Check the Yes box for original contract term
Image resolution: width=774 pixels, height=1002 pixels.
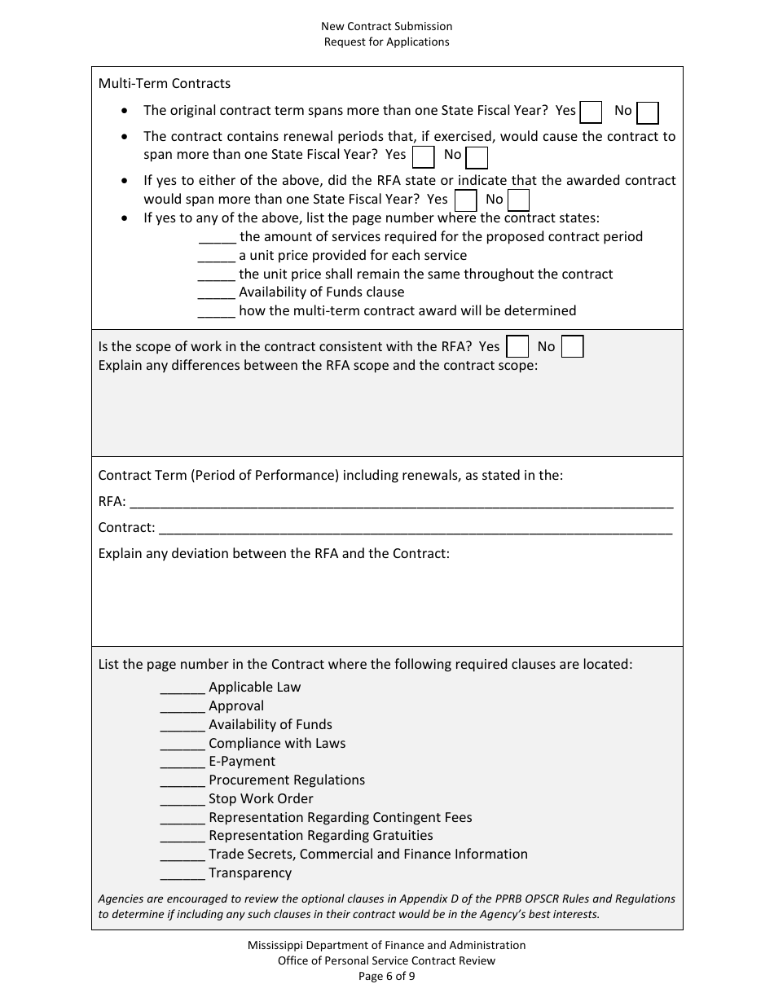(591, 112)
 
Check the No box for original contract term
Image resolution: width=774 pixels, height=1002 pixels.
(648, 112)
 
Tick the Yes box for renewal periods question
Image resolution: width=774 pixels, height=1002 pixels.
(424, 156)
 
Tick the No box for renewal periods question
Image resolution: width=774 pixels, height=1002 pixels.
(477, 157)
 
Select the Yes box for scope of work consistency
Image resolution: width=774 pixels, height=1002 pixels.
(517, 347)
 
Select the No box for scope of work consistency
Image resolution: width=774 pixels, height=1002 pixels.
(573, 347)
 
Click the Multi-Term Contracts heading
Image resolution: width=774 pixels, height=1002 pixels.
(165, 83)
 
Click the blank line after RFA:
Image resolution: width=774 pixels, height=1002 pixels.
(401, 502)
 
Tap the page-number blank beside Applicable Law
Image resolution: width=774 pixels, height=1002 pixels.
(183, 688)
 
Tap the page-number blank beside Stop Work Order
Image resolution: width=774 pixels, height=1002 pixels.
(183, 799)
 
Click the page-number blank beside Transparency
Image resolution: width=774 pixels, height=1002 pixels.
(183, 873)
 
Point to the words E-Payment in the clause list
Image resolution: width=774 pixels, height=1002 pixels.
(242, 762)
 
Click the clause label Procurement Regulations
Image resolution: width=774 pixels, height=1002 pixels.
(287, 780)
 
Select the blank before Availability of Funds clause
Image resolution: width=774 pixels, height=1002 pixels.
(217, 292)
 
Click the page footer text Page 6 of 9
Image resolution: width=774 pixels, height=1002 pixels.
(386, 976)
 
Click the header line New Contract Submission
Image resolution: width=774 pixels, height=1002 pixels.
(386, 27)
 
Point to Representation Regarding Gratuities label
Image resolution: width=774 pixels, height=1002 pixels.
(321, 836)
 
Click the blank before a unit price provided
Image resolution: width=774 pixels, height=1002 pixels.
(217, 256)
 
